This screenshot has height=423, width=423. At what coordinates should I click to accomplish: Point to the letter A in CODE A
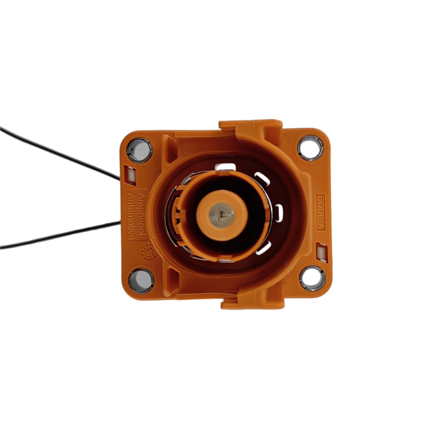coord(321,226)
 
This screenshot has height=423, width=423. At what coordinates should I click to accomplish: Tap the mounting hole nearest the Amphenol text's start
coord(140,150)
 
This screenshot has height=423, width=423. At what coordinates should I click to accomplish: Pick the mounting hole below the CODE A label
coord(312,279)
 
